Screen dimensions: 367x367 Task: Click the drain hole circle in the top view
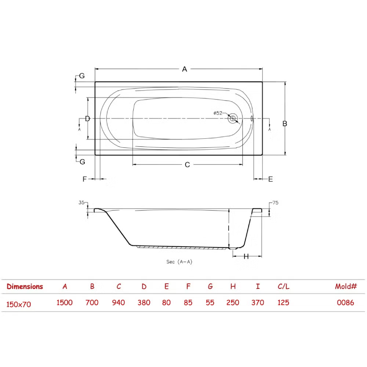[x=233, y=119]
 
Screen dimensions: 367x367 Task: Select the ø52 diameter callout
[x=218, y=113]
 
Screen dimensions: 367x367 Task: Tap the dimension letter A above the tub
[x=185, y=69]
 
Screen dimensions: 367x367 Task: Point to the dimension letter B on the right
[x=285, y=124]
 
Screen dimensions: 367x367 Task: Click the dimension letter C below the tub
[x=187, y=165]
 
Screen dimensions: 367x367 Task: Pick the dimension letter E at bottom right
[x=270, y=179]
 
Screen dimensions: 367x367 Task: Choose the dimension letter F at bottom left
[x=84, y=179]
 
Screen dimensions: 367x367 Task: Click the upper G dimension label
[x=82, y=76]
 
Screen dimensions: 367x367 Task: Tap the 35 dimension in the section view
[x=81, y=203]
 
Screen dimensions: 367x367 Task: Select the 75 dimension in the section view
[x=276, y=203]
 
